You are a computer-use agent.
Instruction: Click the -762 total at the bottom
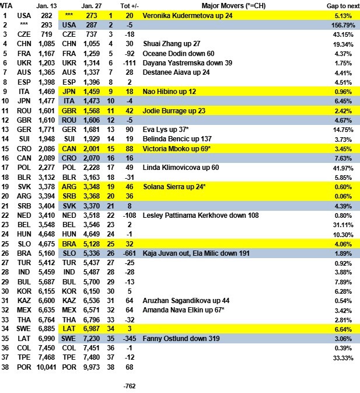click(x=130, y=385)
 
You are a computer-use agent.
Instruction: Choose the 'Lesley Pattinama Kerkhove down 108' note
click(x=195, y=214)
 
